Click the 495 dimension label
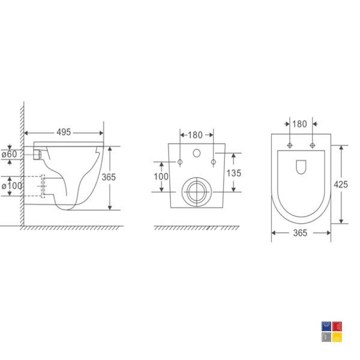click(x=64, y=132)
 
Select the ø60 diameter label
click(x=10, y=154)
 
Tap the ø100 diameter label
click(x=12, y=186)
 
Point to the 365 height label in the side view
click(x=109, y=177)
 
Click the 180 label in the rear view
click(x=195, y=135)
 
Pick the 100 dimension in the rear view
click(x=161, y=176)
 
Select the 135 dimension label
click(x=234, y=173)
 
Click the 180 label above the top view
click(x=299, y=124)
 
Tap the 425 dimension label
click(x=341, y=184)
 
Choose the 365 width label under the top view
click(x=300, y=233)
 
